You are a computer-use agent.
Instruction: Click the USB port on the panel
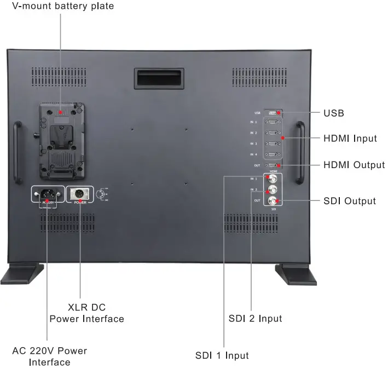tap(273, 112)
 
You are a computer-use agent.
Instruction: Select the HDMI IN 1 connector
tap(273, 122)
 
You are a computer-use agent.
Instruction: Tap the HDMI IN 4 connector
tap(273, 154)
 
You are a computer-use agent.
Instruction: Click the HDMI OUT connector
tap(273, 165)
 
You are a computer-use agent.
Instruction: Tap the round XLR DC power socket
tap(79, 194)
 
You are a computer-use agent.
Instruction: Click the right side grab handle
tap(299, 152)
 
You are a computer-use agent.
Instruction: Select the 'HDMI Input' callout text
tap(350, 139)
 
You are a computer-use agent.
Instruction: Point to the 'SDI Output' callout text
tap(350, 201)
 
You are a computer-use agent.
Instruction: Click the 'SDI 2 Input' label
tap(255, 318)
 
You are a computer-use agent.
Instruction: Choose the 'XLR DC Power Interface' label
tap(86, 313)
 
